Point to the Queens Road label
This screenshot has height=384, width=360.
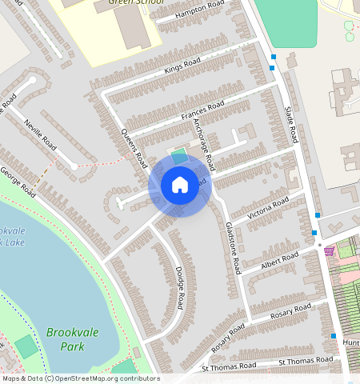(x=134, y=147)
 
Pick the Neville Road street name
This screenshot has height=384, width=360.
(x=39, y=134)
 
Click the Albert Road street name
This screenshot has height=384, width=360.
(x=279, y=260)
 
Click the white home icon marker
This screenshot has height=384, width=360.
(x=180, y=186)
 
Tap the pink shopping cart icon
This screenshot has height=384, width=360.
(x=329, y=250)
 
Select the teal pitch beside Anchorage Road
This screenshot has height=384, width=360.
(x=179, y=156)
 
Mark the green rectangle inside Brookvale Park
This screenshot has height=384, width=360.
(x=26, y=346)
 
